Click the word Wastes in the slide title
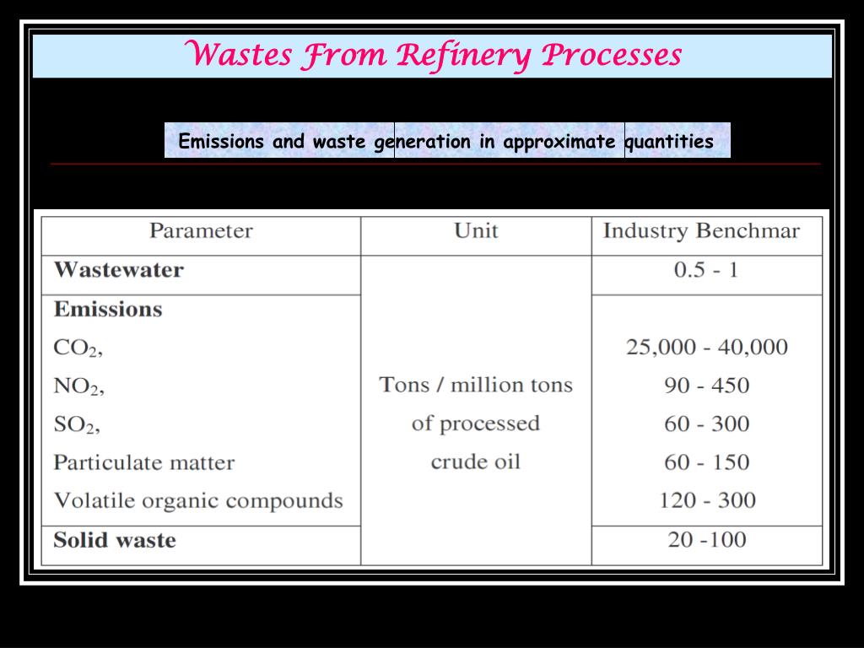click(x=238, y=55)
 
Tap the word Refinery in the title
click(x=464, y=55)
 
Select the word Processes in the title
click(x=611, y=55)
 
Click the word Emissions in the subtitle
click(x=221, y=142)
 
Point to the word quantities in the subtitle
click(x=670, y=142)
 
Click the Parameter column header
click(x=201, y=231)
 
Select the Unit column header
click(x=476, y=231)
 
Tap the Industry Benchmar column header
click(x=701, y=231)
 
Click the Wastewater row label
click(x=118, y=270)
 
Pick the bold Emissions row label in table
click(x=108, y=309)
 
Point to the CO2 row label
click(x=78, y=348)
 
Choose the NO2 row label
click(x=78, y=386)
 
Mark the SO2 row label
click(x=77, y=424)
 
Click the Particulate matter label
click(x=143, y=462)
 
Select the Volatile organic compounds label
click(x=198, y=500)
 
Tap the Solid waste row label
click(x=115, y=540)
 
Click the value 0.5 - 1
click(x=706, y=270)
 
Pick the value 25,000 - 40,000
click(x=707, y=347)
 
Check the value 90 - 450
click(x=707, y=386)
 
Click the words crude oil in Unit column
click(x=476, y=462)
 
